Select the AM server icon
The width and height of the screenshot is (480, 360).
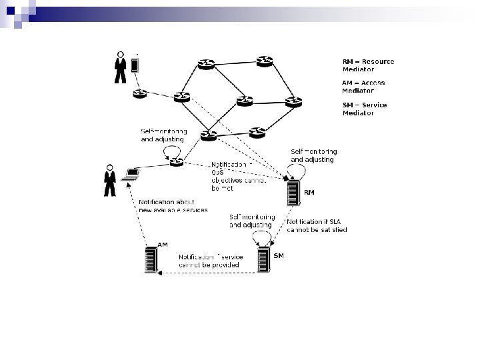coord(151,259)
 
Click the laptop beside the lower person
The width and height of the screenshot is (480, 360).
coord(131,175)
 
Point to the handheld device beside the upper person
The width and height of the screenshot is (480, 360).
coord(135,65)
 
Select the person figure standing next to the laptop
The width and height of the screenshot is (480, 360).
coord(109,181)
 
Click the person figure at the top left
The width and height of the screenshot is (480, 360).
coord(121,67)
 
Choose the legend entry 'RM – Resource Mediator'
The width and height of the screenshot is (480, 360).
coord(368,65)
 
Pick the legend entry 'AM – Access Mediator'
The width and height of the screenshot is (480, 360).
coord(363,87)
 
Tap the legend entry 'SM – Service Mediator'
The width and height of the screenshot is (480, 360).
coord(364,109)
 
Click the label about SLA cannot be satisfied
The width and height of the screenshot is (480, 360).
coord(317,225)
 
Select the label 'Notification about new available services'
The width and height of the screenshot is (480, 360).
coord(173,205)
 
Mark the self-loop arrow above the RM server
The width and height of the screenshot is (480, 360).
coord(299,171)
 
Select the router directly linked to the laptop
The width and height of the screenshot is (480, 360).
coord(177,161)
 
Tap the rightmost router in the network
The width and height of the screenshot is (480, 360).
coord(293,102)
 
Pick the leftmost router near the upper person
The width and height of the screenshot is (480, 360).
coord(139,94)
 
